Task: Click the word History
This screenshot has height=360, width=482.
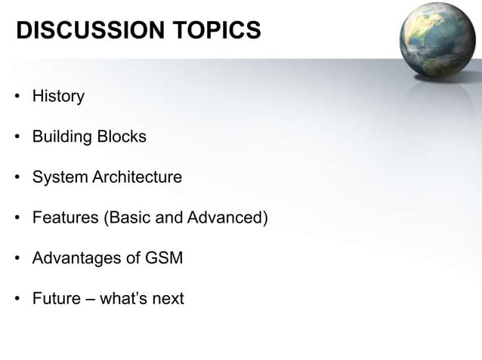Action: [58, 97]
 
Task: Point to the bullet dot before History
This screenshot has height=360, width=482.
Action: [17, 97]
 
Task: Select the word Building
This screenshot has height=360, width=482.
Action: [61, 137]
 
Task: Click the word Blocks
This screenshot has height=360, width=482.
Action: [121, 137]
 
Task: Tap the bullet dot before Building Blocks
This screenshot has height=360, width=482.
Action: [17, 138]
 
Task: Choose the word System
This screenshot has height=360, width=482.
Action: [60, 177]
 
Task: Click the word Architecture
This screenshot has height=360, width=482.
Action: [137, 177]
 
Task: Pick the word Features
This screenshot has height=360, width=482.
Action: [63, 218]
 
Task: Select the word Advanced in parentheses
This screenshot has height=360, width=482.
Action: [228, 218]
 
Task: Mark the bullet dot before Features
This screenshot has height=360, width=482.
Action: [17, 219]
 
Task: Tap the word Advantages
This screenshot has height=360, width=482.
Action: [74, 258]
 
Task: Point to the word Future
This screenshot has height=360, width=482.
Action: [56, 298]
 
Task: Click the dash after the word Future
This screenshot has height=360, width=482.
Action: [91, 299]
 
